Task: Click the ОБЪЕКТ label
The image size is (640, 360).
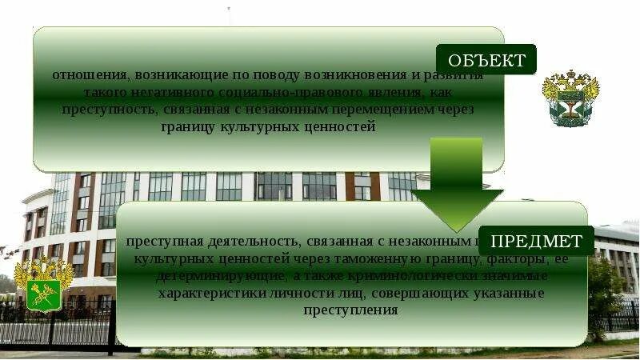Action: click(486, 60)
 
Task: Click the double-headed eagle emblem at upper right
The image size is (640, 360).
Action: click(570, 97)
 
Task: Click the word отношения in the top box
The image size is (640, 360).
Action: click(81, 75)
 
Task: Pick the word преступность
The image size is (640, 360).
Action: click(120, 110)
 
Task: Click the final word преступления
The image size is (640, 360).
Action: click(350, 310)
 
